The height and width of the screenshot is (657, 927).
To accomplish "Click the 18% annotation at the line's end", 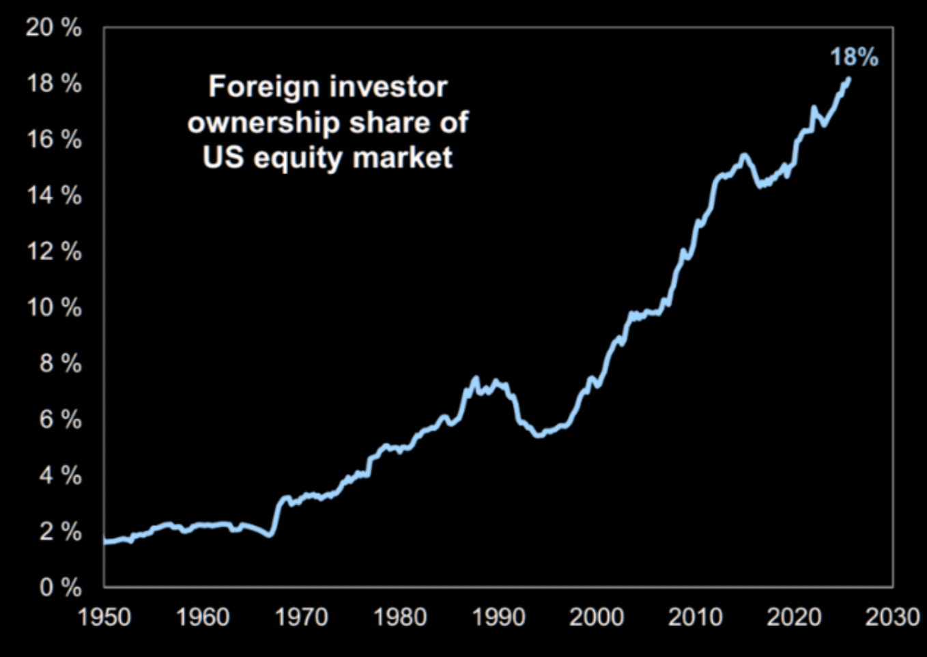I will coord(854,57).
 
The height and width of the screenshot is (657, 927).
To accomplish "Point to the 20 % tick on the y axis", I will coord(53,28).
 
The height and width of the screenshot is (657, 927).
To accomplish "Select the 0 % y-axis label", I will coord(60,587).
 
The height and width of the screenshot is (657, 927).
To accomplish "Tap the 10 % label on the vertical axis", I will coord(53,307).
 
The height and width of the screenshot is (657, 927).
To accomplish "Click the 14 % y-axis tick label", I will coord(53,196).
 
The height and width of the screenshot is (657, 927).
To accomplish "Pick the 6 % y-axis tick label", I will coord(60,419).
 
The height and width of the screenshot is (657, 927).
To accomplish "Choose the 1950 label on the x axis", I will coord(104,617).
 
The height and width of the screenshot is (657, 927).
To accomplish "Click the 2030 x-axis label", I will coord(892,617).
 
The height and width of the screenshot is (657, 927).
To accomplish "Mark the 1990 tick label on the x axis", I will coord(498,617).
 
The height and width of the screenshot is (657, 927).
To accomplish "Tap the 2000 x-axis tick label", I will coord(597,617).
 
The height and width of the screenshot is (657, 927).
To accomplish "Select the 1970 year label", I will coord(301,617).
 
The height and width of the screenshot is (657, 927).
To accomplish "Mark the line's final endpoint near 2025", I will coord(848,79).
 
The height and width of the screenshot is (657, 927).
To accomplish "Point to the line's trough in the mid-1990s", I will coord(539,434).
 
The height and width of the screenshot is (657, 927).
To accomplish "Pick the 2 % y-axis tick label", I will coord(60,531).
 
